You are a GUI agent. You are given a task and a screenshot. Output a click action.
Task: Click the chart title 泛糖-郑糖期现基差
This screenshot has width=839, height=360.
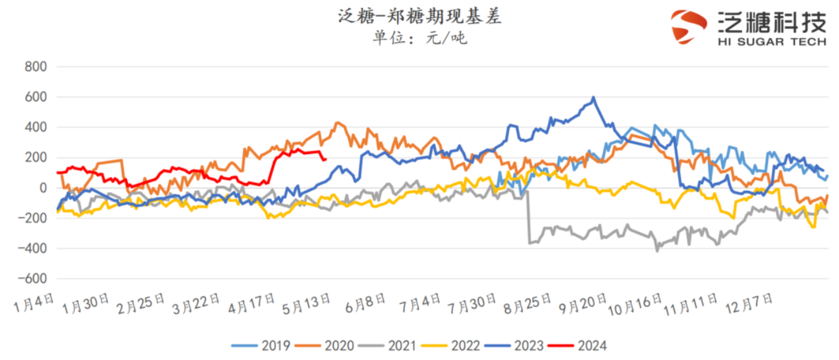point(419,17)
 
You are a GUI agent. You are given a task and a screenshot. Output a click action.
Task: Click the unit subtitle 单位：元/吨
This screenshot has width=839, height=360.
point(419,38)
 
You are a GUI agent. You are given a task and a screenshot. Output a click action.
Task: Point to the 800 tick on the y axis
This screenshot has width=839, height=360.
point(35,67)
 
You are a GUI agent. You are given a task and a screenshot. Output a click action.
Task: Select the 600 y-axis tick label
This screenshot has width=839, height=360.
point(35,97)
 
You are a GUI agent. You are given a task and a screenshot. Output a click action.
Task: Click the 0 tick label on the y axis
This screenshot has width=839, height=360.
point(44,188)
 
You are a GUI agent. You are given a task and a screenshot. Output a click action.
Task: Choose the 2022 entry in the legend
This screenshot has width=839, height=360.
point(452,345)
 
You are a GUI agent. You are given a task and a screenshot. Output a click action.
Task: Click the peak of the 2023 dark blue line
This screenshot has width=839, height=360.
point(594,98)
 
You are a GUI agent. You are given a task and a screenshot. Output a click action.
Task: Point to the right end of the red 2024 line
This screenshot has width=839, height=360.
point(326,159)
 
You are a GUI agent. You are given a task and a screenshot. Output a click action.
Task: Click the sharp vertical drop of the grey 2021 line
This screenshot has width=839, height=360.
point(528,216)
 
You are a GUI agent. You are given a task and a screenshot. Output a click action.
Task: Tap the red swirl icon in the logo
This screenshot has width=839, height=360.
point(689,26)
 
